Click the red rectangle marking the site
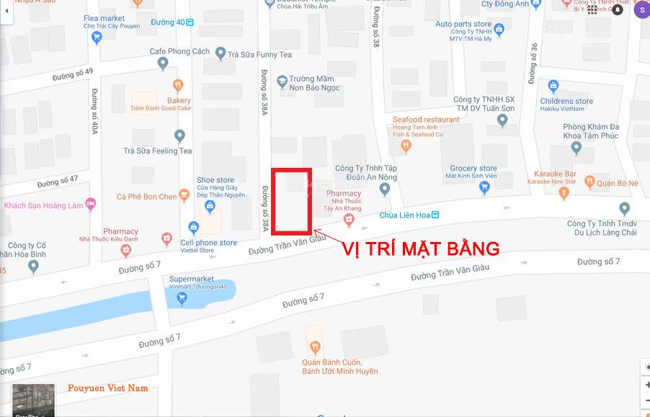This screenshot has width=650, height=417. [x=291, y=201]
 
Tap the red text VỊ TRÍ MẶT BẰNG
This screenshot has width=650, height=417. [x=420, y=248]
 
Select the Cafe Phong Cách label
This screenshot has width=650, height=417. [x=179, y=51]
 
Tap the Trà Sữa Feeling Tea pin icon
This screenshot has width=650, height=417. [x=179, y=135]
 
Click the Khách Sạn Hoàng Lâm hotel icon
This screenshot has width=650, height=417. [x=91, y=205]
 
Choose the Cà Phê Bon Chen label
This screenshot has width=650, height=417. [x=147, y=197]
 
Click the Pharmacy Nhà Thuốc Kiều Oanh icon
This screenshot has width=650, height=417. [x=127, y=250]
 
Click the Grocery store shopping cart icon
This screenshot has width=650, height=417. [x=485, y=187]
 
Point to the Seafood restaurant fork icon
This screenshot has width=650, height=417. [x=406, y=145]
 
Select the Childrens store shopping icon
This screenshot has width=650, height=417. [x=553, y=86]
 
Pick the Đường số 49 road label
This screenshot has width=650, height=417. [x=73, y=74]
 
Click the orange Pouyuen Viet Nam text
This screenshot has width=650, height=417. [x=108, y=388]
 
